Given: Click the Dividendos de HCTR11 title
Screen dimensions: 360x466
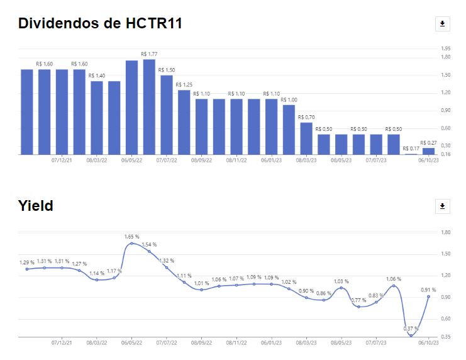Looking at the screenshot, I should pyautogui.click(x=100, y=23).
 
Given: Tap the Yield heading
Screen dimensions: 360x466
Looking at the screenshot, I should pyautogui.click(x=35, y=205).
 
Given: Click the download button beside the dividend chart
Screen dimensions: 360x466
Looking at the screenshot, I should pyautogui.click(x=442, y=24).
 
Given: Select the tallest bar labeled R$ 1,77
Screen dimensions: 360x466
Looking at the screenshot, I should pyautogui.click(x=149, y=106).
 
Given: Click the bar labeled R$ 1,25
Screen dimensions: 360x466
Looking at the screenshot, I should pyautogui.click(x=184, y=122).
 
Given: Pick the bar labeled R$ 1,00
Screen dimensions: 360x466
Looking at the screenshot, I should pyautogui.click(x=289, y=129).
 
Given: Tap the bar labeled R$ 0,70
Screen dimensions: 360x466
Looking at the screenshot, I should pyautogui.click(x=306, y=138).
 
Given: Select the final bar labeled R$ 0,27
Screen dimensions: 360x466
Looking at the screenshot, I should pyautogui.click(x=428, y=150).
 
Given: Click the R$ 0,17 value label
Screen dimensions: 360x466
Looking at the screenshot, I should pyautogui.click(x=411, y=149).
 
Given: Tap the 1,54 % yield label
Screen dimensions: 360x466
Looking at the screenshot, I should pyautogui.click(x=149, y=244).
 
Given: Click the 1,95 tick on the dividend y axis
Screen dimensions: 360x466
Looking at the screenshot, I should pyautogui.click(x=446, y=48).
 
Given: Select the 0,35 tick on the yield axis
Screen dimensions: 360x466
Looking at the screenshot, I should pyautogui.click(x=446, y=337).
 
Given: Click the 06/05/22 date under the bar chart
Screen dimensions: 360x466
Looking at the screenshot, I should pyautogui.click(x=131, y=160).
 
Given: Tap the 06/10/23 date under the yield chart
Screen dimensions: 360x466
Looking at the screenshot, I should pyautogui.click(x=428, y=343).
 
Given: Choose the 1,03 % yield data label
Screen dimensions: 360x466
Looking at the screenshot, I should pyautogui.click(x=341, y=281).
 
